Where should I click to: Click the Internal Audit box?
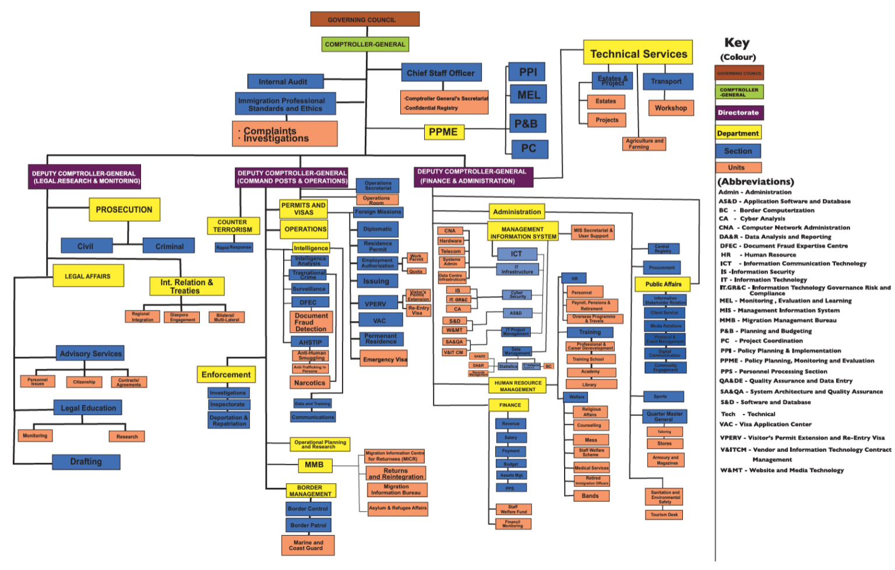283,82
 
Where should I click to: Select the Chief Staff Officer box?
441,73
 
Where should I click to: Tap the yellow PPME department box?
443,132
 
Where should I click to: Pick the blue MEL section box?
528,95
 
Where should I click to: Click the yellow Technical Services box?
638,54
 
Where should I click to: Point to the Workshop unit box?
671,108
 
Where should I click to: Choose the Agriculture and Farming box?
644,144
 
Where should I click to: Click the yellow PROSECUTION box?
124,210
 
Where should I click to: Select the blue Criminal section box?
170,247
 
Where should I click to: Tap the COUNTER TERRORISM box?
232,226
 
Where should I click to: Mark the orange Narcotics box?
309,383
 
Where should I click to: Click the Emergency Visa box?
385,359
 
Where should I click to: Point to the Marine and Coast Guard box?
308,546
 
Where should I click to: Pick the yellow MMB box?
313,465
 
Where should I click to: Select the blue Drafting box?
86,462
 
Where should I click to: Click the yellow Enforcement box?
226,375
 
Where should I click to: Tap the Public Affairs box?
663,284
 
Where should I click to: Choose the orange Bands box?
590,496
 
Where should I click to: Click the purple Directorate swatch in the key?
739,112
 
